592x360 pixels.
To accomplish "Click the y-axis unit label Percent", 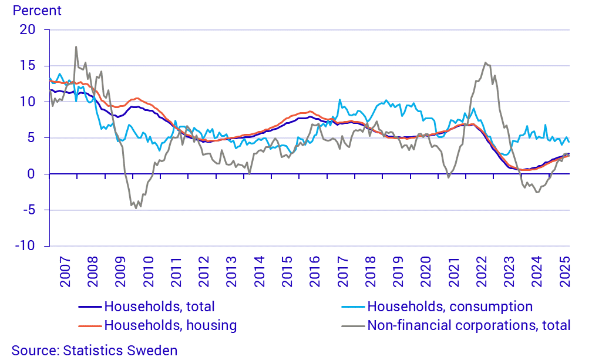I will (36, 11).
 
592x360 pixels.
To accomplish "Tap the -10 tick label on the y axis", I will (25, 246).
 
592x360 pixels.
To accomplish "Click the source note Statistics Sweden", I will (94, 351).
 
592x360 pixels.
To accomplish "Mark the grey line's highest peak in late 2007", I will (76, 47).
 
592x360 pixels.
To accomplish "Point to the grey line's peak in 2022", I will (485, 62).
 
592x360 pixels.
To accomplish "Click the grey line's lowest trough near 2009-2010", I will (136, 208).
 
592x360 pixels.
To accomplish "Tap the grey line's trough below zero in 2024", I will (536, 192).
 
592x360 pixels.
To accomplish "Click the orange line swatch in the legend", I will (90, 325).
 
